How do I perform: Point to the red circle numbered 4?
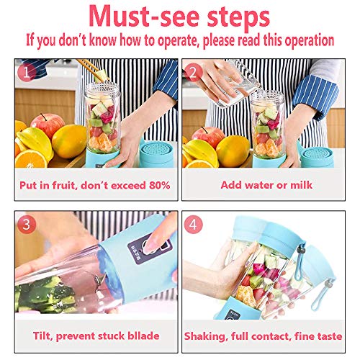(x=193, y=225)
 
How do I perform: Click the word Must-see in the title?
(x=151, y=15)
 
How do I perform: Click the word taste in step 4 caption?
(x=329, y=336)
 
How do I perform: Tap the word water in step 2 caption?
(x=249, y=185)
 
